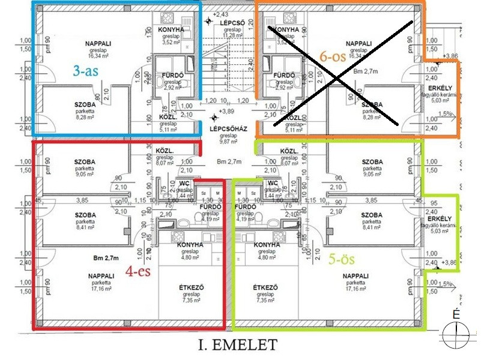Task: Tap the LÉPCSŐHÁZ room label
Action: point(225,129)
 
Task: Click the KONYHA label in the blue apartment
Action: point(171,29)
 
